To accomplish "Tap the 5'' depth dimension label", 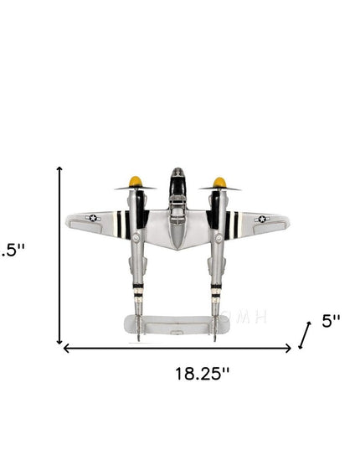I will pyautogui.click(x=332, y=321).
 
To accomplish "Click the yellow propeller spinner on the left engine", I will pyautogui.click(x=134, y=181).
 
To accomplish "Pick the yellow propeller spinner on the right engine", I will pyautogui.click(x=219, y=182).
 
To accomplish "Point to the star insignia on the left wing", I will pyautogui.click(x=92, y=219).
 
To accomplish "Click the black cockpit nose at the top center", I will pyautogui.click(x=177, y=178).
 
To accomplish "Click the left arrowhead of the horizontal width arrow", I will pyautogui.click(x=65, y=348).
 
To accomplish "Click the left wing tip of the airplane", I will pyautogui.click(x=69, y=223).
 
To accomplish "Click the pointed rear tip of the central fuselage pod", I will pyautogui.click(x=177, y=249).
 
